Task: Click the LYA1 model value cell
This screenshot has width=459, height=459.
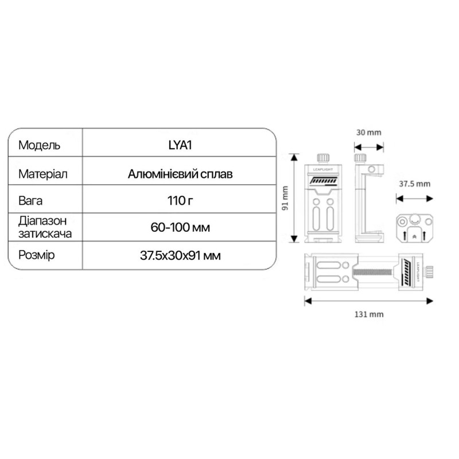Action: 180,145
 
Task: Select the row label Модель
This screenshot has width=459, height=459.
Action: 39,145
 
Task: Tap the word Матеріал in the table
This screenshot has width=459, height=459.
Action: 42,174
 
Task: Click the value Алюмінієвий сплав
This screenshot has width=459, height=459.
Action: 180,174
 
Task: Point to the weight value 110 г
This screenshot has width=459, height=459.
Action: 180,201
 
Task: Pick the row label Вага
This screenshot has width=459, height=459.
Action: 30,201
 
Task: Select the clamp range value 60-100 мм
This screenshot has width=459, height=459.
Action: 180,227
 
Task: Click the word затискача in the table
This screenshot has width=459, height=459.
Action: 45,234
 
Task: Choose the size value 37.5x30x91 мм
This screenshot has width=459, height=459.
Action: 180,255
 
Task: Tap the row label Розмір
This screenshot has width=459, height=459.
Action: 36,255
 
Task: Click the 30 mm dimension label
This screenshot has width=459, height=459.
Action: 368,133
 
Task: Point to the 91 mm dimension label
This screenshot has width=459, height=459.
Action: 285,198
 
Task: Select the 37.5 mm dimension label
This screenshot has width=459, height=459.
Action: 414,184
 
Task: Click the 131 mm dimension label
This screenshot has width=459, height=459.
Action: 369,314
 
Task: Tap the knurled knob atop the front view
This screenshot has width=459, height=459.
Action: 323,158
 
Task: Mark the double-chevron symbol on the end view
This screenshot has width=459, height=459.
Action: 414,237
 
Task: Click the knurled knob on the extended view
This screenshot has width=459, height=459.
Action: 429,272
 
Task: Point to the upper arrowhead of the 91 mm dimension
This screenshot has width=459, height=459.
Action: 294,157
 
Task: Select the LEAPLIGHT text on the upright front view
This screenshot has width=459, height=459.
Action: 323,169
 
